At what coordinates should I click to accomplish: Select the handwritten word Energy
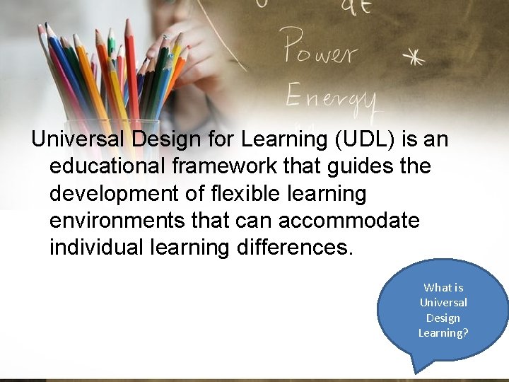(331, 95)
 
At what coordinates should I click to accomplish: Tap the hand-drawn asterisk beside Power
(412, 57)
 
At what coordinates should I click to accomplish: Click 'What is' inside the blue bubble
(443, 287)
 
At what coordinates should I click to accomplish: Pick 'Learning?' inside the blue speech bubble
(443, 332)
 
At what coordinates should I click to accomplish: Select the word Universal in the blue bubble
(443, 303)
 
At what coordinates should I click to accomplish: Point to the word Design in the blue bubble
(443, 318)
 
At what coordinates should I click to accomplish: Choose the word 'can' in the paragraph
(253, 221)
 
